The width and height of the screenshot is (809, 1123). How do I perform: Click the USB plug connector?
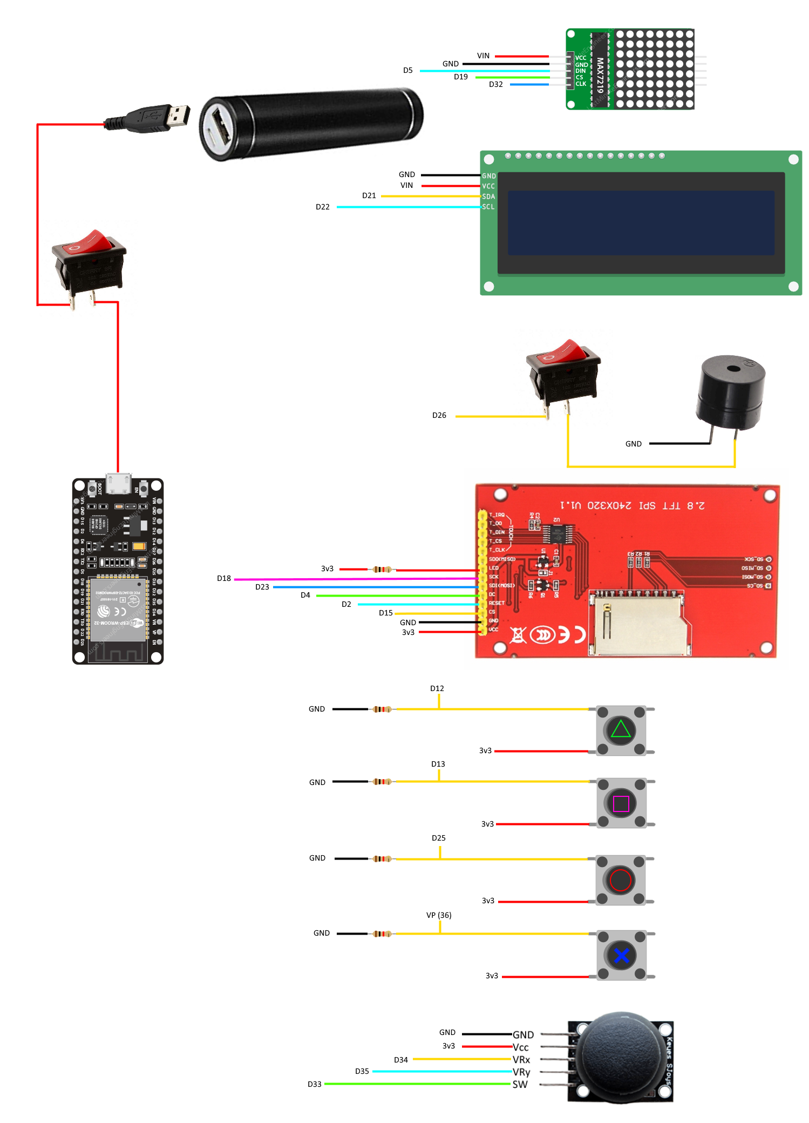(162, 117)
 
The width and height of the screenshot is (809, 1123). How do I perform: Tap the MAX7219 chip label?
(600, 76)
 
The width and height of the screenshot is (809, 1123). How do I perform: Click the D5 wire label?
(407, 71)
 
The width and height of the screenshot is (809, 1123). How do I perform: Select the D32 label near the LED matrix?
(495, 85)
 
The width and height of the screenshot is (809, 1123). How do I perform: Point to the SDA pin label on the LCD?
(488, 197)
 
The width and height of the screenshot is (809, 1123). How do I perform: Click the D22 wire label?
(322, 207)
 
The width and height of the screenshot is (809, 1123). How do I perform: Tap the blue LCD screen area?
(641, 223)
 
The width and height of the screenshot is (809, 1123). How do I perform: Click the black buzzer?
(731, 391)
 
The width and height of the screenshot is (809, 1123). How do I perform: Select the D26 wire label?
(439, 416)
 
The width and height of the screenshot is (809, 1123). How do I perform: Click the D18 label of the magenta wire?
(223, 579)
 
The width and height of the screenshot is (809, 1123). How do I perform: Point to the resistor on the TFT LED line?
(382, 570)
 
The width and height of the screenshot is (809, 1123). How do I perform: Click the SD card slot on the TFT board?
(640, 624)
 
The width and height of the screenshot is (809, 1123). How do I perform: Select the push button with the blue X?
(621, 955)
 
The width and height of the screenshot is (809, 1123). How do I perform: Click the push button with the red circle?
(620, 880)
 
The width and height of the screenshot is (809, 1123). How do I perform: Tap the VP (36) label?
(438, 915)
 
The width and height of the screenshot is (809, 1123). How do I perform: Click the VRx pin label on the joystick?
(521, 1060)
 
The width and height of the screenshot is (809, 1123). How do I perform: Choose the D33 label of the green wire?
(314, 1084)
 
